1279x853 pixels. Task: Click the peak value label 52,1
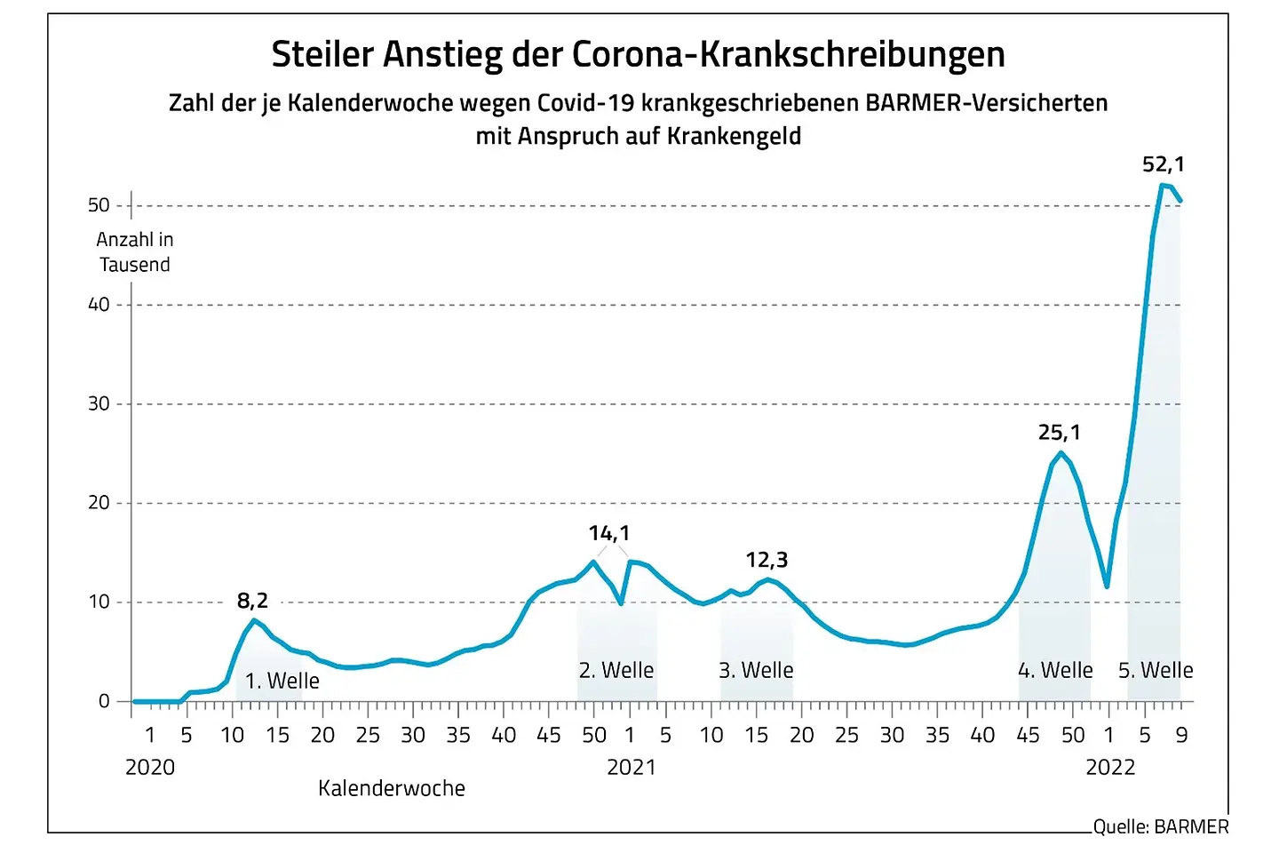(1163, 164)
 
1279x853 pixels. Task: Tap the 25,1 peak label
(1059, 433)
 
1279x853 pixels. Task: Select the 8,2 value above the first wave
(252, 602)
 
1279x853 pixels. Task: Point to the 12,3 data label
(767, 560)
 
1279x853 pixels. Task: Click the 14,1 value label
(609, 533)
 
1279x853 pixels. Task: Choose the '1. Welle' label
(282, 681)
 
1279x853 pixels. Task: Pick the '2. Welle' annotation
(616, 670)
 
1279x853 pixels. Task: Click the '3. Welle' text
(756, 670)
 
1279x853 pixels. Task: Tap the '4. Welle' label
(1055, 670)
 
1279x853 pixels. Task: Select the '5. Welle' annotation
(1156, 670)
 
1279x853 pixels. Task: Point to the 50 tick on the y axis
(99, 205)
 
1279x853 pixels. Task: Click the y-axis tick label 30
(99, 403)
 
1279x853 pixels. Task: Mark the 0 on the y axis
(104, 701)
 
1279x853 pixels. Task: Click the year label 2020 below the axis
(150, 767)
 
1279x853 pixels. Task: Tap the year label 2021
(631, 767)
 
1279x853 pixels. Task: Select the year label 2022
(1110, 767)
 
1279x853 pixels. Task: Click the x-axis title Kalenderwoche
(392, 788)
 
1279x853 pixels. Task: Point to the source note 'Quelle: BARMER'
(1160, 826)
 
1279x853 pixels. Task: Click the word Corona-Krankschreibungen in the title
(789, 54)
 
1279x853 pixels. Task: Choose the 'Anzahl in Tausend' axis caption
(135, 252)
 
